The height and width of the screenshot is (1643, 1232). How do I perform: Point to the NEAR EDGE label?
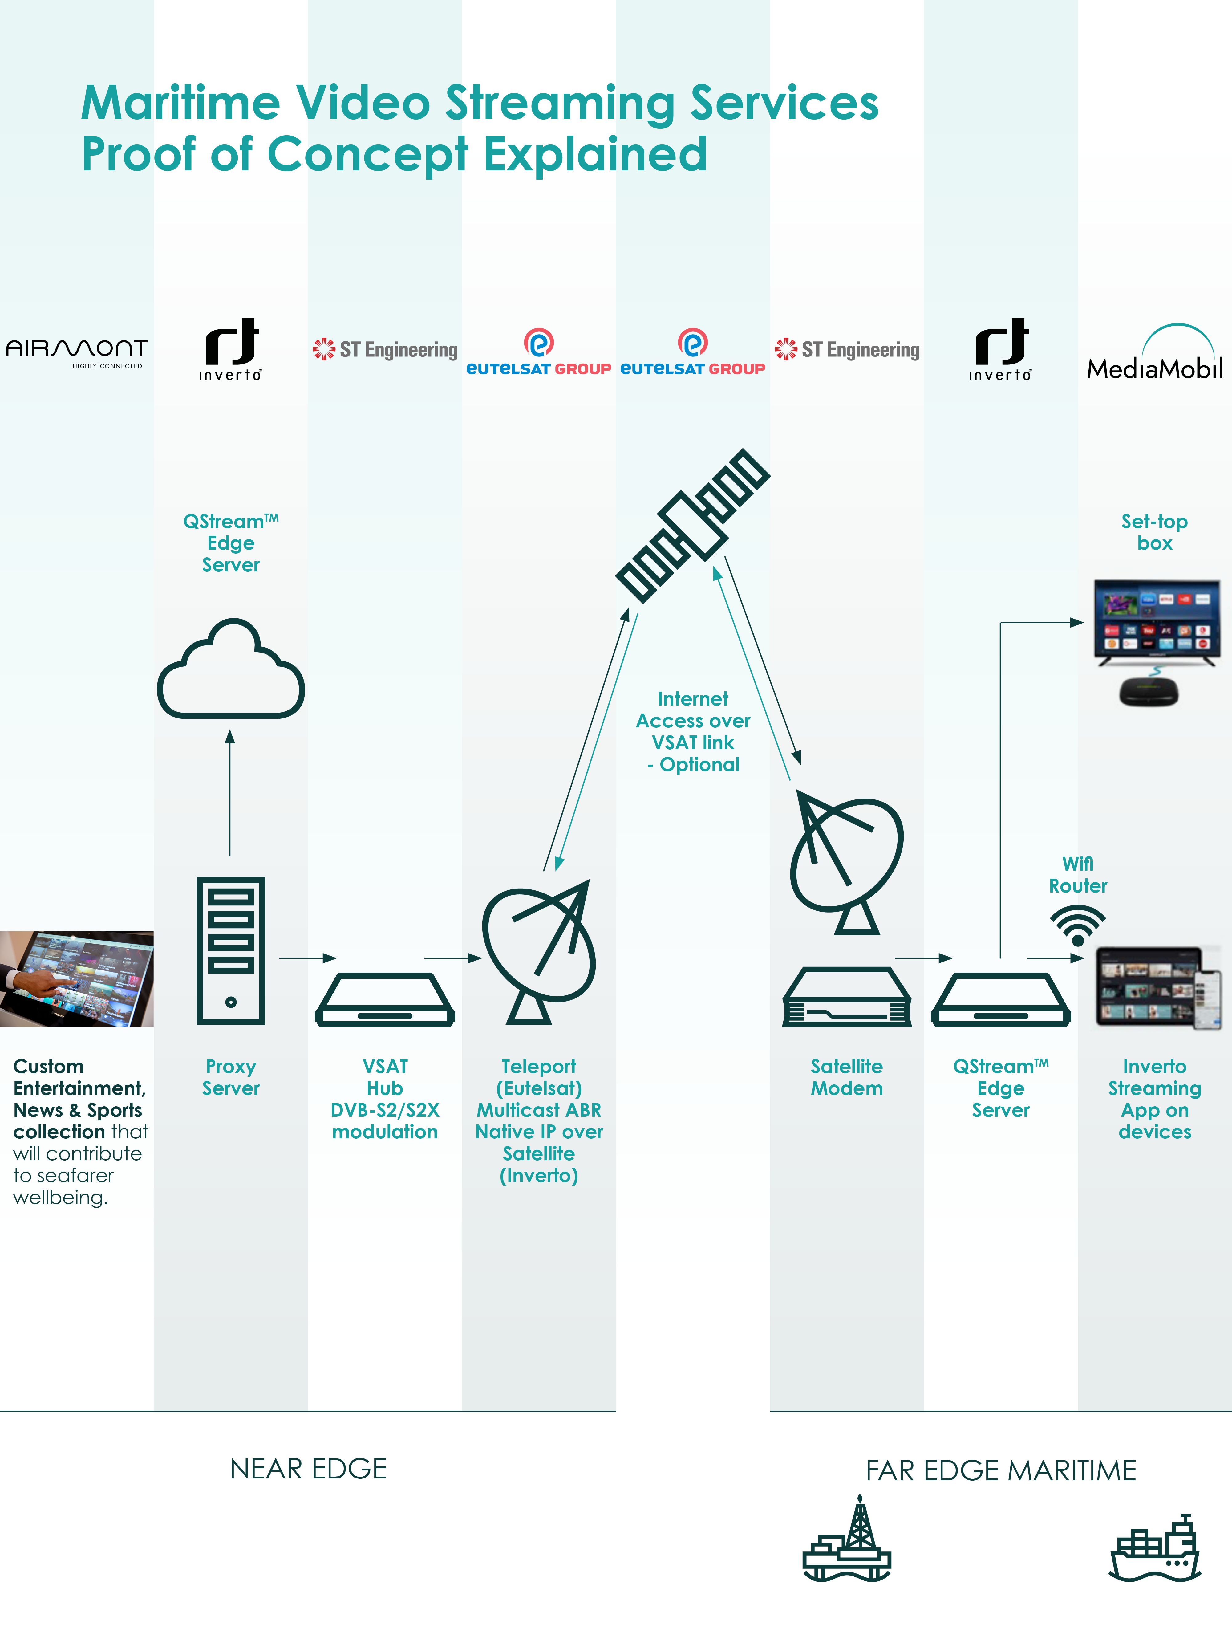click(308, 1468)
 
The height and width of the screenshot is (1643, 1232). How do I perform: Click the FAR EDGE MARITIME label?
click(1000, 1470)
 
